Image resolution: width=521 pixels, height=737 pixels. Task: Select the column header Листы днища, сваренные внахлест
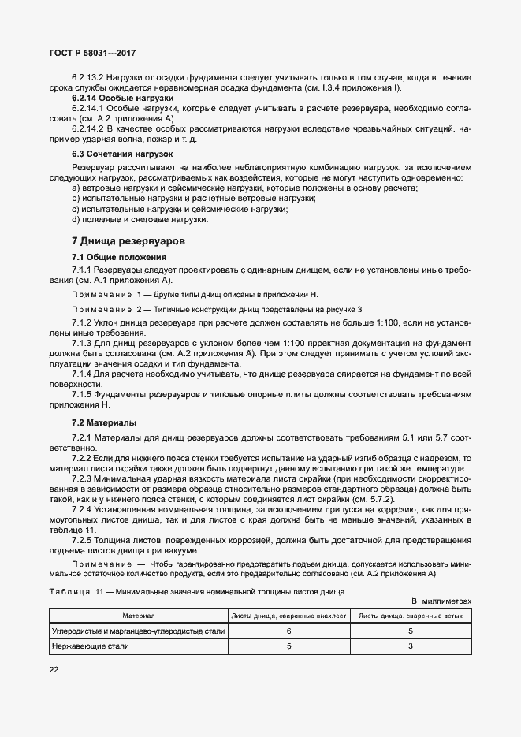288,615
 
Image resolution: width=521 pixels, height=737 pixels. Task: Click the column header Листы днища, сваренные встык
411,615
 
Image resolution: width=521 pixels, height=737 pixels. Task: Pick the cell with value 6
288,631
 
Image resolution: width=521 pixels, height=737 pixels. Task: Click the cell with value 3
411,646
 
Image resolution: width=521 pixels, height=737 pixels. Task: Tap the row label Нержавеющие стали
91,646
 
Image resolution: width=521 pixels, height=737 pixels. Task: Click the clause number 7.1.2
82,323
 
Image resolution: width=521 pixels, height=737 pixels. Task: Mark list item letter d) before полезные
76,219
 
